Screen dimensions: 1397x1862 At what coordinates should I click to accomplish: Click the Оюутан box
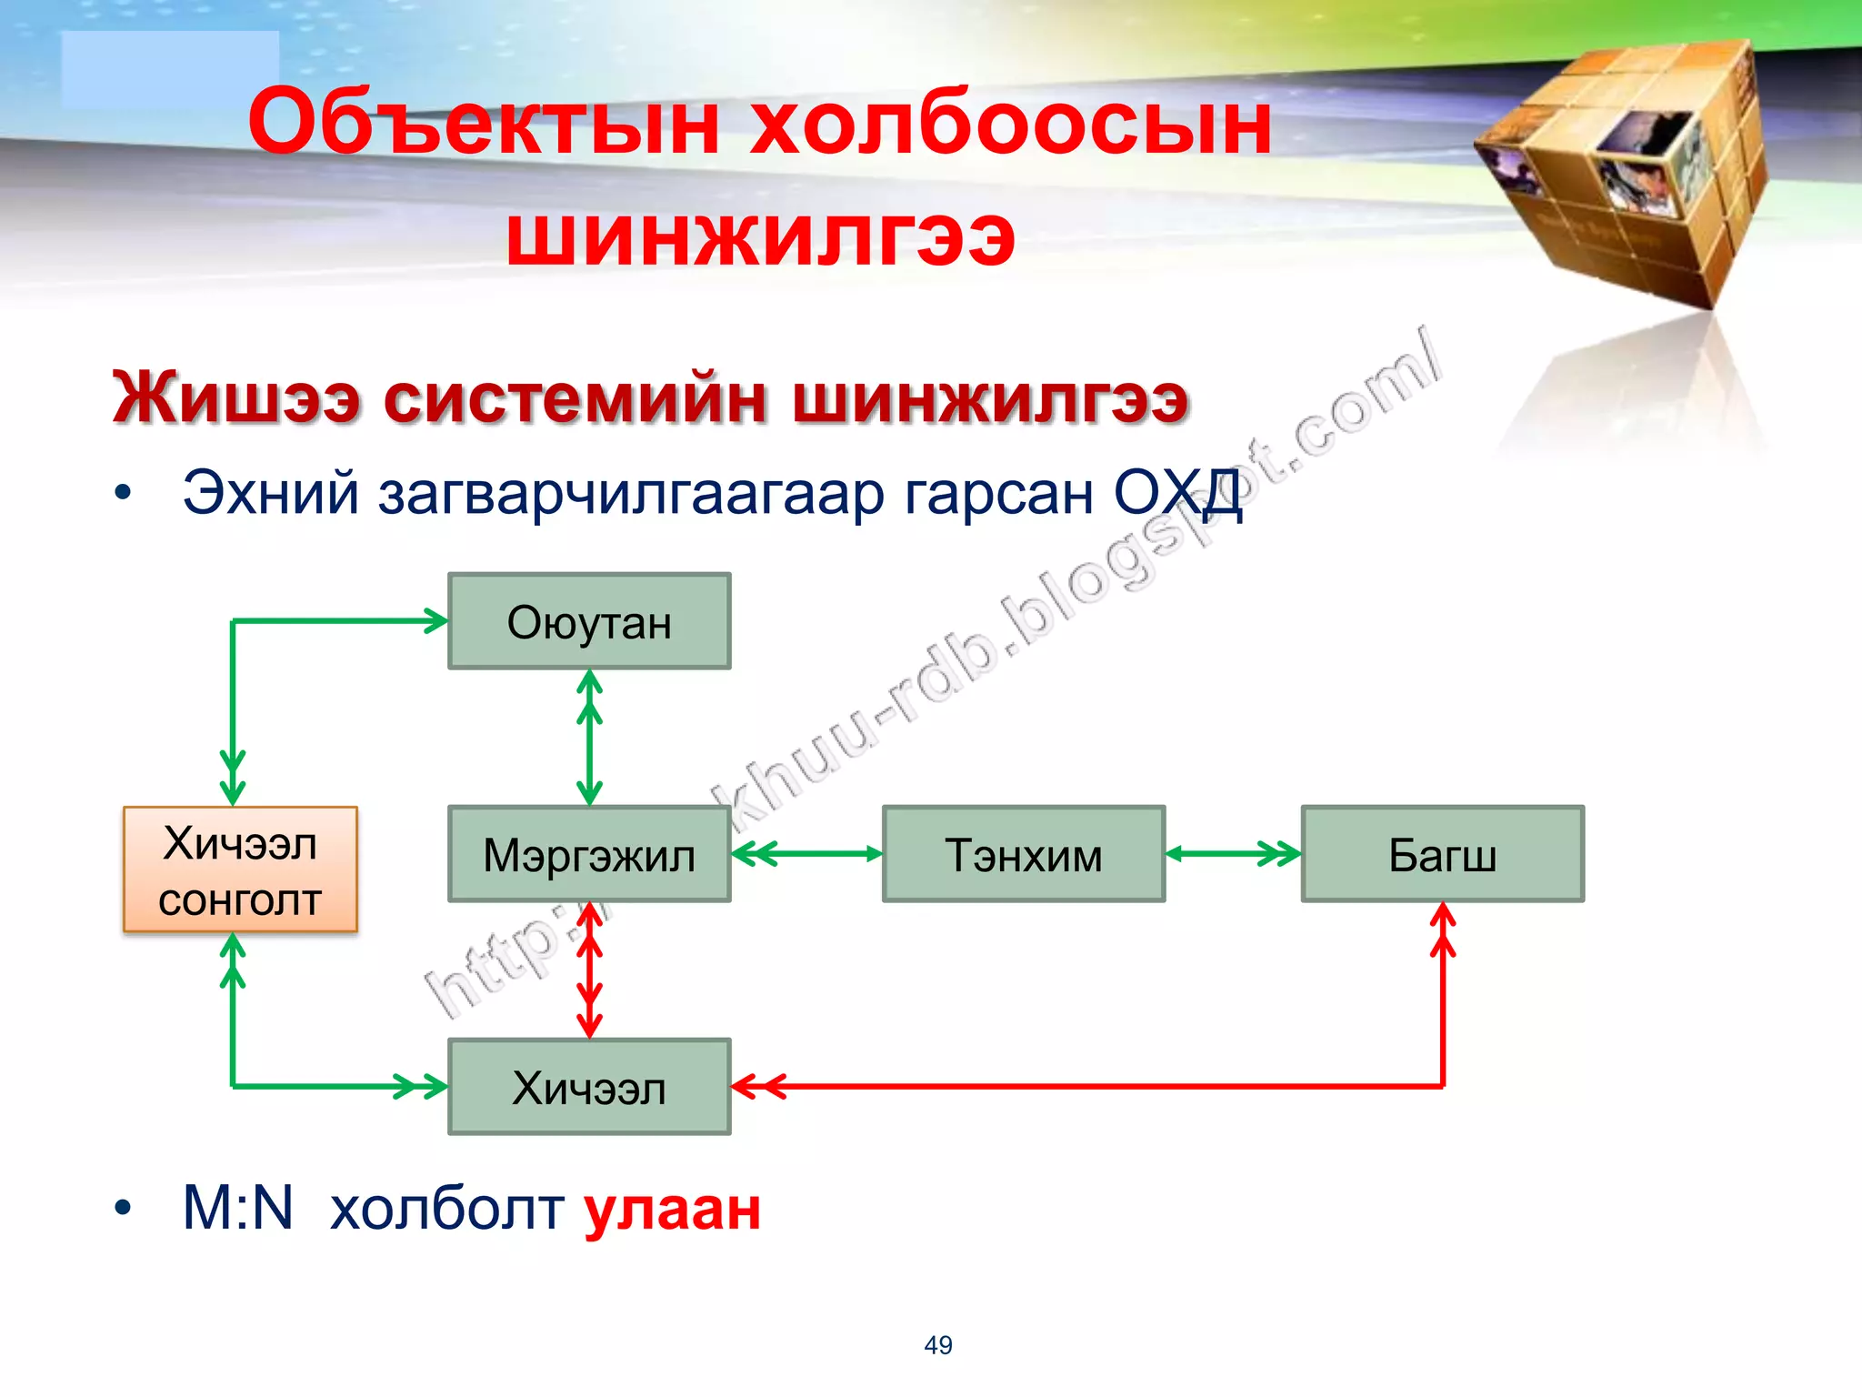[589, 622]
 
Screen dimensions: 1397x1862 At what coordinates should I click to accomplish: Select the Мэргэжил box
[589, 855]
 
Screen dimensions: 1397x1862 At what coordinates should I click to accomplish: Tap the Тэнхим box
[1024, 855]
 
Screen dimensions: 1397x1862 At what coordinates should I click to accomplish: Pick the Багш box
[1442, 855]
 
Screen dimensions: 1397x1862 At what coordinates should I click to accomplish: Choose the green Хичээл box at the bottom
[589, 1088]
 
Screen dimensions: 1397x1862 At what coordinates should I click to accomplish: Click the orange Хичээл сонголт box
[240, 869]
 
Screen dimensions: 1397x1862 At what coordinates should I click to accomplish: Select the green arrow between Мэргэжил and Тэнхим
[806, 854]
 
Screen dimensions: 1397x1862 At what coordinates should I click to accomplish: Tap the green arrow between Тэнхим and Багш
[1233, 854]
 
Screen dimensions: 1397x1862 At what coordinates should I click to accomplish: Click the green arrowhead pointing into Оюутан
[435, 621]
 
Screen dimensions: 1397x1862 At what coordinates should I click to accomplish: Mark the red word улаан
[672, 1210]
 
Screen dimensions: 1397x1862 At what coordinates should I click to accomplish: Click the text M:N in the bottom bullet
[238, 1210]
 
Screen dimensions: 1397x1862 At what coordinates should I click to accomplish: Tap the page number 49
[938, 1345]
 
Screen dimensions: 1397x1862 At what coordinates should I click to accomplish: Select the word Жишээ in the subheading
[236, 398]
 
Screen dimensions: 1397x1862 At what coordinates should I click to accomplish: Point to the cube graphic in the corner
[1627, 173]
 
